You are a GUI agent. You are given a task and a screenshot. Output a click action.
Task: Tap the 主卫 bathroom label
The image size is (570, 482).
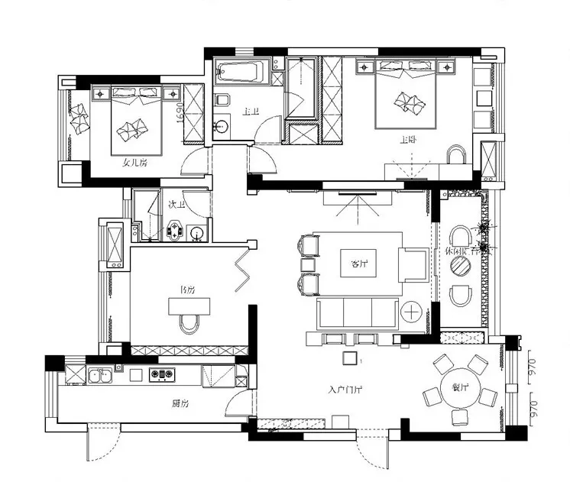[251, 112]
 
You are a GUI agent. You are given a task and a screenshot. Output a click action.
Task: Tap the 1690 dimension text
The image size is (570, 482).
[180, 112]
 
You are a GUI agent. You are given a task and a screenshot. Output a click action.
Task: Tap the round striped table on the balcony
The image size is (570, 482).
[461, 265]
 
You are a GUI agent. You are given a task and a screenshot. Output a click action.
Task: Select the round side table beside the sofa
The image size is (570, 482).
[412, 312]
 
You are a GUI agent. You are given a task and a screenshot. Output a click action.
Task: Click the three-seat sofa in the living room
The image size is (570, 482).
[357, 312]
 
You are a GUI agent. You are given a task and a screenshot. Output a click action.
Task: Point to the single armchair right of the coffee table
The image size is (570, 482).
[413, 264]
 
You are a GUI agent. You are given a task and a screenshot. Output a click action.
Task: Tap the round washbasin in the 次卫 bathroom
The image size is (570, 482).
[196, 233]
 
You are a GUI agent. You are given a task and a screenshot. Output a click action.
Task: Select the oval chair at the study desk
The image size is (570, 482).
[189, 323]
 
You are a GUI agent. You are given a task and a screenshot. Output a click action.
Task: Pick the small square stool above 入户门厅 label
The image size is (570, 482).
[349, 357]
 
